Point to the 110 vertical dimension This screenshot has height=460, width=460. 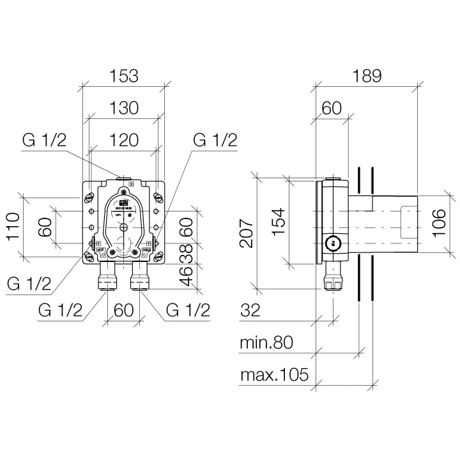tap(13, 227)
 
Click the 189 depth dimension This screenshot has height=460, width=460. tap(367, 76)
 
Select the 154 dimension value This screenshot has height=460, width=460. tap(281, 220)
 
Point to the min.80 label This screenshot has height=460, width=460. tap(266, 343)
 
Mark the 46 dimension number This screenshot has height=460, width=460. tap(186, 275)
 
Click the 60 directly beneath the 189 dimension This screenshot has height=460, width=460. tap(330, 109)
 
